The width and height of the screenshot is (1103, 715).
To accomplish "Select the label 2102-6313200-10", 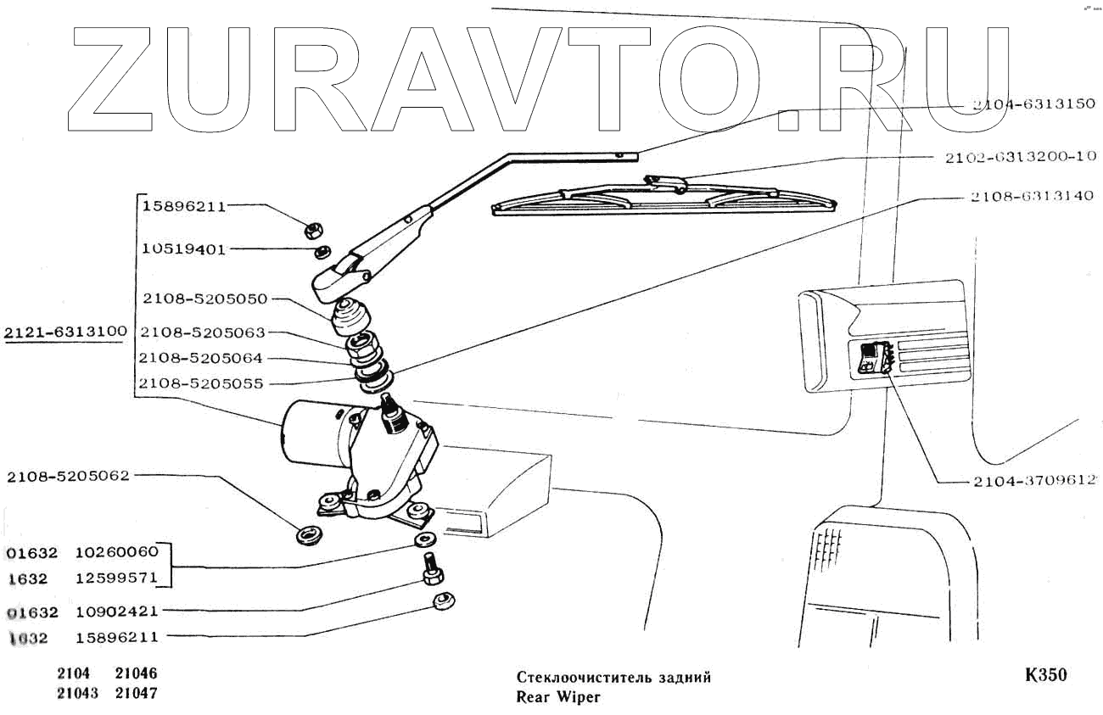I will (1020, 156).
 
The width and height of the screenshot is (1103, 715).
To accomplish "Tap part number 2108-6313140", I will (1024, 197).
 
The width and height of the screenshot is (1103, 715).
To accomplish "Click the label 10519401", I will (183, 249).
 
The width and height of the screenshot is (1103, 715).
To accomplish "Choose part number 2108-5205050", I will (204, 299).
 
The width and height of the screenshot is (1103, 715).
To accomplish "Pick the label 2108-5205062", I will (69, 476).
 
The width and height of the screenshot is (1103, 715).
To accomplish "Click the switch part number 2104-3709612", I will (1027, 481).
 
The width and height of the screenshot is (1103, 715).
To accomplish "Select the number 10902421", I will (116, 612).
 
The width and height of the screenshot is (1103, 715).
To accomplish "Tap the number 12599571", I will (116, 577).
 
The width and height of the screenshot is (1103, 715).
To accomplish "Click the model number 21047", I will (136, 693).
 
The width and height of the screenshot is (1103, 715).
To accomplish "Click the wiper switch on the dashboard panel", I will (871, 357).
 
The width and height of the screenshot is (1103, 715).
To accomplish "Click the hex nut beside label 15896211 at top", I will (311, 228).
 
